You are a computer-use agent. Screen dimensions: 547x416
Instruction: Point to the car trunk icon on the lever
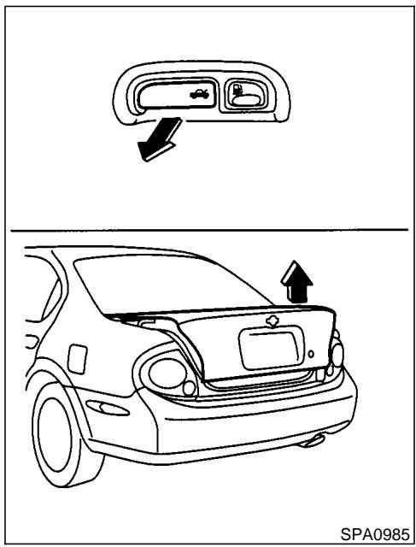pyautogui.click(x=199, y=95)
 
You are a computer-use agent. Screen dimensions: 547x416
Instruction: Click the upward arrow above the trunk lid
pyautogui.click(x=297, y=282)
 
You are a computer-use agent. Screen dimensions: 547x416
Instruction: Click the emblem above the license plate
pyautogui.click(x=272, y=321)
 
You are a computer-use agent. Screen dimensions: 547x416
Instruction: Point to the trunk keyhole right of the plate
pyautogui.click(x=313, y=352)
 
